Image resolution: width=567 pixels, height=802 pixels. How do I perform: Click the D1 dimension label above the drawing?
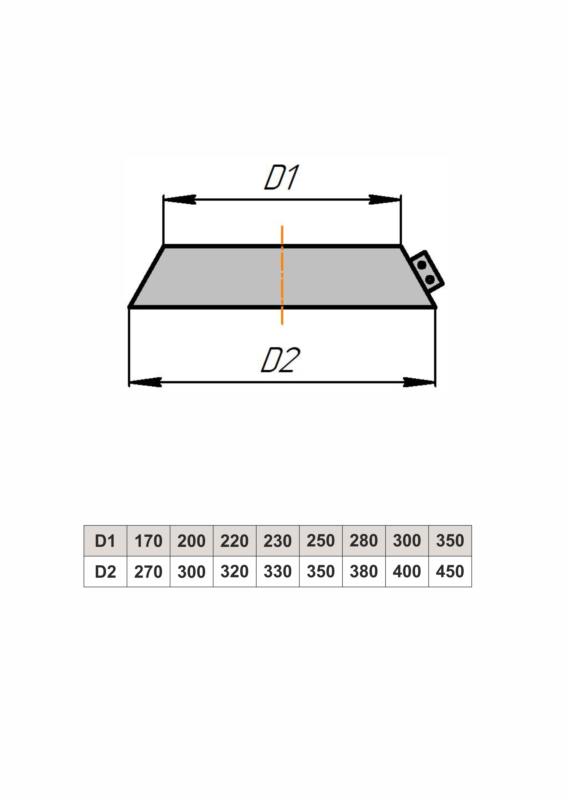point(281,177)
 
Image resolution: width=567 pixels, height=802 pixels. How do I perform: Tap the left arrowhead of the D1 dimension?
point(180,199)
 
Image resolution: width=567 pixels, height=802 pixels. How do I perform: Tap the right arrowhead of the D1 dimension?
point(385,199)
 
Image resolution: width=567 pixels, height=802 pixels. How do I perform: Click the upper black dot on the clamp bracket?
point(422,265)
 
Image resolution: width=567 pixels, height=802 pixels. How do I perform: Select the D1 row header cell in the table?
point(106,541)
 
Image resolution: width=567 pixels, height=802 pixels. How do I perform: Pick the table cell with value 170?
point(148,541)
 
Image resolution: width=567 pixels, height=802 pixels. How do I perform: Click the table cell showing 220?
point(235,541)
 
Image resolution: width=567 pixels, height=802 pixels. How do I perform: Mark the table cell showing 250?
point(321,541)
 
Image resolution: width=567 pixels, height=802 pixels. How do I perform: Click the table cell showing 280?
point(364,541)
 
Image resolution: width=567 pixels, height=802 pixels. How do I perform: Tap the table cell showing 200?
point(192,541)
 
